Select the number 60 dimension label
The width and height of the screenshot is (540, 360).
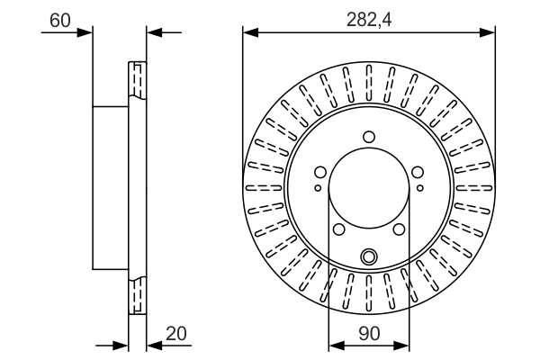point(60,19)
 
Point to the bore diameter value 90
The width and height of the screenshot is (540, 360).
point(368,332)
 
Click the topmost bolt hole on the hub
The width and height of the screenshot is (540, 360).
point(368,137)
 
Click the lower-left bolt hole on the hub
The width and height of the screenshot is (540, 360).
point(337,230)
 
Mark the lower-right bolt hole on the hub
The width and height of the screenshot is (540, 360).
point(400,230)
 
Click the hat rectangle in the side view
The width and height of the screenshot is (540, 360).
point(112,187)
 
